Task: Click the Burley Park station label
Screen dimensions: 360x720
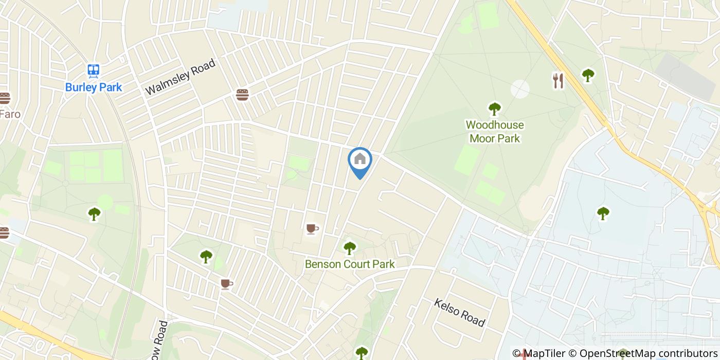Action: point(94,87)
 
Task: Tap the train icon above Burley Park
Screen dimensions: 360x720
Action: point(94,70)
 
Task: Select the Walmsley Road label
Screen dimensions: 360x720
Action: point(180,77)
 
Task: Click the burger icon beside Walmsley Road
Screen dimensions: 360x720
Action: point(242,95)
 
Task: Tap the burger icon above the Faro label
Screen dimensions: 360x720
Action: point(4,98)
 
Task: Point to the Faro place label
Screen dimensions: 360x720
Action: point(10,114)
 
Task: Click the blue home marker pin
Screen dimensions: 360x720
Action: point(360,161)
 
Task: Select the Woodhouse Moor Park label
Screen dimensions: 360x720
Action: point(494,132)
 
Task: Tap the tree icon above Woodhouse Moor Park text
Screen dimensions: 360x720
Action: point(494,109)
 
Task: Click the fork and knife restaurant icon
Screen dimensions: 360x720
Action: point(558,81)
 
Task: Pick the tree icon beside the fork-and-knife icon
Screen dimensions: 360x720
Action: point(588,76)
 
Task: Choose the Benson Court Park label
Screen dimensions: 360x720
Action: point(350,264)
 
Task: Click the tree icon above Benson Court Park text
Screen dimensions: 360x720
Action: point(350,248)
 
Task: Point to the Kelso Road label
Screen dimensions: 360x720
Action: point(459,313)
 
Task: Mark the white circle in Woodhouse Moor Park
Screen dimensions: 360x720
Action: point(520,89)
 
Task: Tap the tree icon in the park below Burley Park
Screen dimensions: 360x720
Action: point(94,213)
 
